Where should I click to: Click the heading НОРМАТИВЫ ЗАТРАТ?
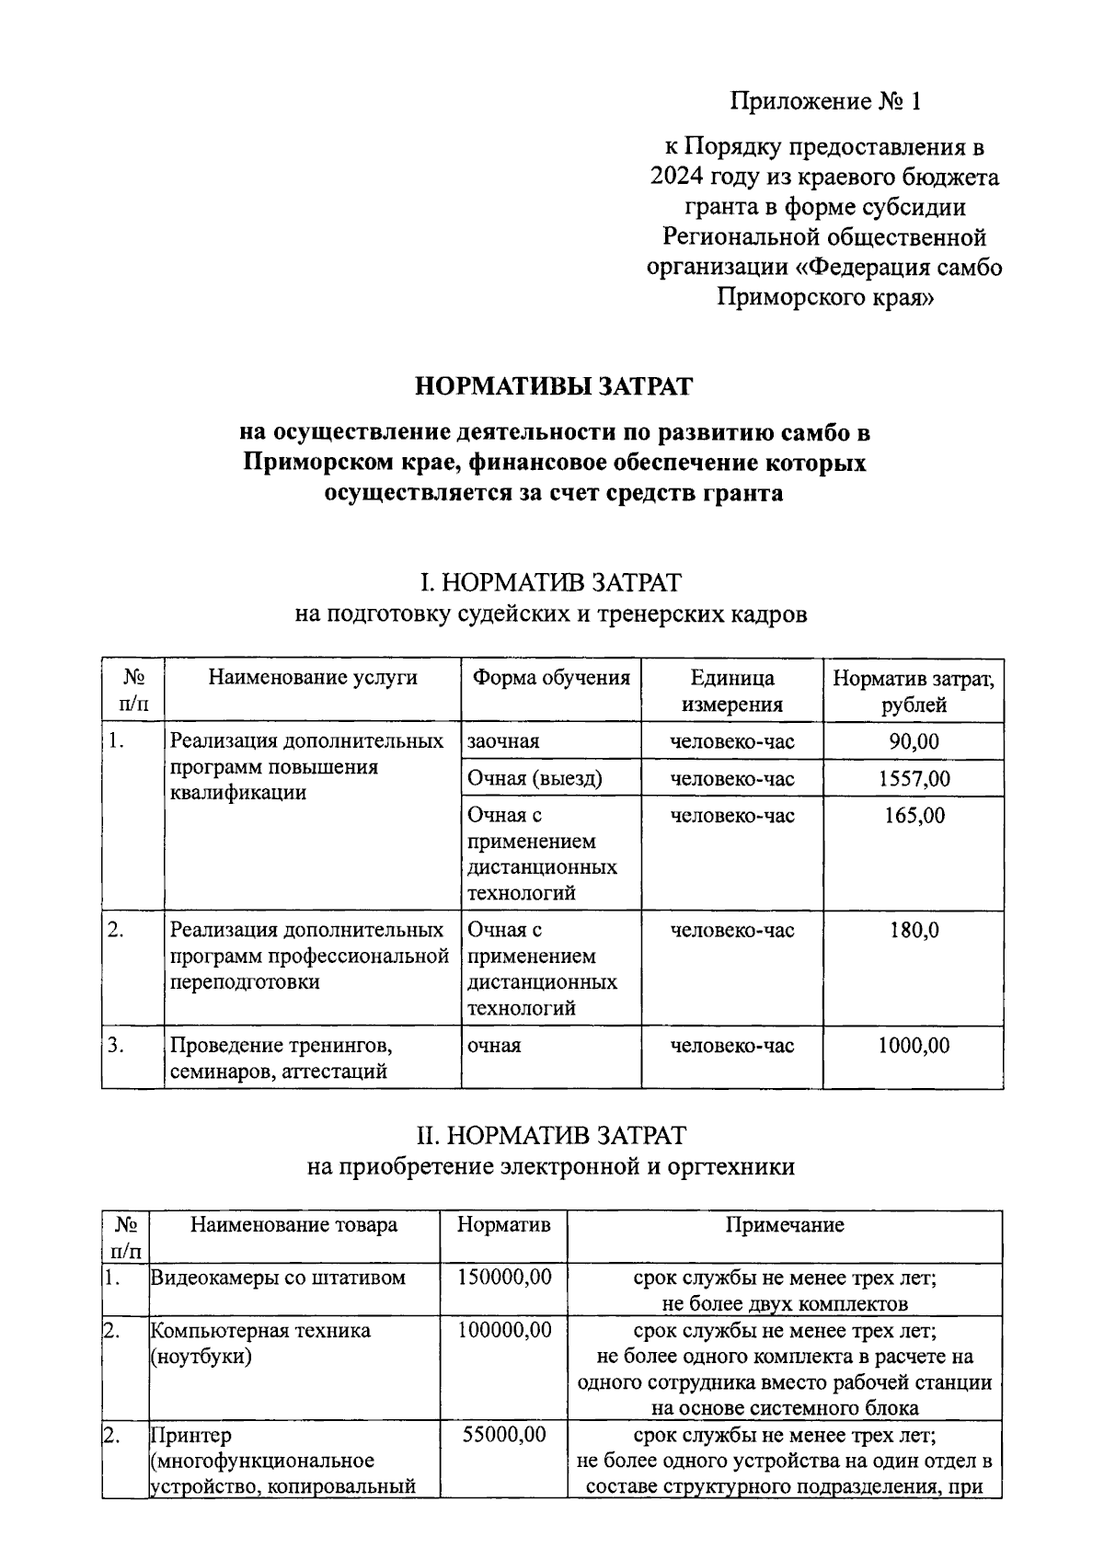[553, 385]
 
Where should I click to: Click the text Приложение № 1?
[825, 100]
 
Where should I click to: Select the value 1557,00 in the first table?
[914, 779]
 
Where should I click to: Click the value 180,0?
[914, 930]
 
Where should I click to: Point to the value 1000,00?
[914, 1046]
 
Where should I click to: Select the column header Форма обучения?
[551, 678]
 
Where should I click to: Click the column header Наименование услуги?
[313, 678]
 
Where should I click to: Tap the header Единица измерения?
[732, 691]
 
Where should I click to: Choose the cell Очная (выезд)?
[535, 779]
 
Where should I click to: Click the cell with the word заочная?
[503, 741]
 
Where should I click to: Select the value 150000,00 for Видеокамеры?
[504, 1278]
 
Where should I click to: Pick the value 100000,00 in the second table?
[504, 1330]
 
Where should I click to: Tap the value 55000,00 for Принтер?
[504, 1435]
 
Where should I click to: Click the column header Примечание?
[785, 1225]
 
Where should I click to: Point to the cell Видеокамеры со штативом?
[278, 1278]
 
